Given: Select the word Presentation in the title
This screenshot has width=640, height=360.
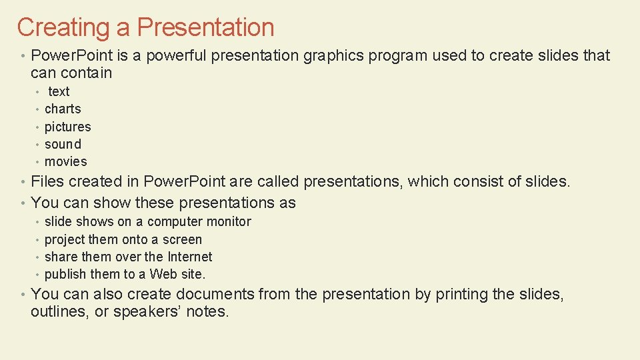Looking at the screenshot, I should coord(205,28).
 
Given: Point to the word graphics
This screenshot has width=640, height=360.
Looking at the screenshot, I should coord(334,56).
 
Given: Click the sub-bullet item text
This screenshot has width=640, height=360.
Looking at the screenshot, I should coord(59,92).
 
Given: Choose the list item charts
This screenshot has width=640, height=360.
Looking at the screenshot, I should coord(63,109).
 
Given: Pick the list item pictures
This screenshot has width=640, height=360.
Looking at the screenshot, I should coord(67,127).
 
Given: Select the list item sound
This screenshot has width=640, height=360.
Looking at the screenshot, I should coord(63,144).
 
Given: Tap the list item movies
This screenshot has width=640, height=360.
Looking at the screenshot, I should coord(65,162).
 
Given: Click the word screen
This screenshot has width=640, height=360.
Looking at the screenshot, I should coord(181,239).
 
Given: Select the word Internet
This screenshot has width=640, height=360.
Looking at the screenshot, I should coord(189,257).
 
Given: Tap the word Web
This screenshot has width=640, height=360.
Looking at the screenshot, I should coord(164,274).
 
